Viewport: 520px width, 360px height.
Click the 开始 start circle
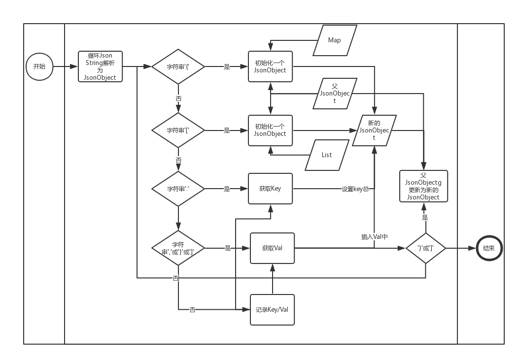(39, 66)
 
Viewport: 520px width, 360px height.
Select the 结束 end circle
(489, 248)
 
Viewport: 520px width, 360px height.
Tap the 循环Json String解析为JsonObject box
(100, 66)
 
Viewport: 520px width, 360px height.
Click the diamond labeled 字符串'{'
(178, 66)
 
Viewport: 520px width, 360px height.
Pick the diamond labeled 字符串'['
(178, 131)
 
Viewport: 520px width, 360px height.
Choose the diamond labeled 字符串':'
(178, 189)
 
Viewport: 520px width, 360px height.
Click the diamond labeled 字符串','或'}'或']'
(178, 248)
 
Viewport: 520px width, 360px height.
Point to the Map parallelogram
(335, 40)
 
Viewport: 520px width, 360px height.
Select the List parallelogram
(327, 155)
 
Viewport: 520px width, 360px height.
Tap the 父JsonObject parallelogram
(335, 94)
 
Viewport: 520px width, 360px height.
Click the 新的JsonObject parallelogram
(374, 131)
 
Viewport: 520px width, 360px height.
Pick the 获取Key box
(270, 189)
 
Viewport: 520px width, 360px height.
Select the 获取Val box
(272, 248)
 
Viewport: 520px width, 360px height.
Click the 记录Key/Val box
(272, 310)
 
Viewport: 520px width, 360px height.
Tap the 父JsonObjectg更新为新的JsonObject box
(423, 186)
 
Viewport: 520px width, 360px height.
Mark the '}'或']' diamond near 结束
(425, 248)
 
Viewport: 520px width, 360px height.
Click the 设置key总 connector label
(355, 189)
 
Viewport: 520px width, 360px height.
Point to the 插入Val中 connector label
(374, 237)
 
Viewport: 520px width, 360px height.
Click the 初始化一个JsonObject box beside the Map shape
(270, 66)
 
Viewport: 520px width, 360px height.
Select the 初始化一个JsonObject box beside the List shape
(270, 131)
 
